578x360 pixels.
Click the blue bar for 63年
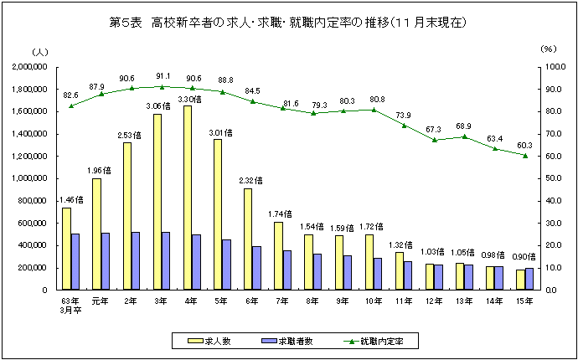pos(75,261)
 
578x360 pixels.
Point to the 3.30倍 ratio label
pos(191,99)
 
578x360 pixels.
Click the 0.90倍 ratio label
pos(524,255)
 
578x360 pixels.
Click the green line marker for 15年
pos(525,155)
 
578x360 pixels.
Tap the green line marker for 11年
pos(405,126)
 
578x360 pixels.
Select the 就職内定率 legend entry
pos(375,341)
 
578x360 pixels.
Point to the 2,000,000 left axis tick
pos(28,66)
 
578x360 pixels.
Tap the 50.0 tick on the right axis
pos(550,178)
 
